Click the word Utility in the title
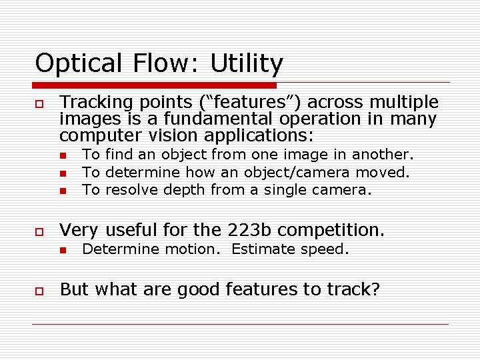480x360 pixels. [247, 64]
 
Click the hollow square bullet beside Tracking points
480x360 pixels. [39, 104]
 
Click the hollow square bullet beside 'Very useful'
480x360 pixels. [39, 231]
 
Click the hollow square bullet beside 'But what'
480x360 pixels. [39, 291]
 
